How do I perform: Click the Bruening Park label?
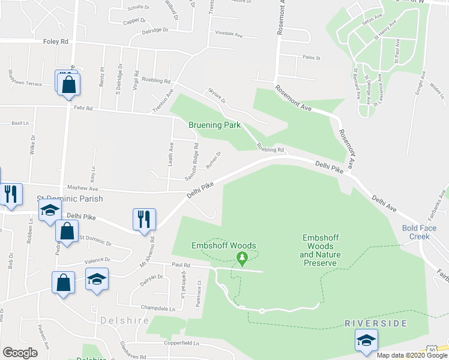(x=214, y=125)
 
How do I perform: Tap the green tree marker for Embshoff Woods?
(x=242, y=259)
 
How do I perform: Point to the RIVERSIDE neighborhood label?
(x=376, y=323)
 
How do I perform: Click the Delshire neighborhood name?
(x=125, y=320)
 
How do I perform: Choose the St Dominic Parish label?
(x=70, y=199)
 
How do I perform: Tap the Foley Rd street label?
(x=56, y=42)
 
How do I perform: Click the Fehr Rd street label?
(x=85, y=109)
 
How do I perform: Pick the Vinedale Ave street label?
(x=228, y=35)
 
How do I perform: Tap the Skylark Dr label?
(x=215, y=98)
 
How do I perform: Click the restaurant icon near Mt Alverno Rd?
(x=144, y=219)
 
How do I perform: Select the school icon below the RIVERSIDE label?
(x=366, y=341)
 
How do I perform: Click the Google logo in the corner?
(x=20, y=353)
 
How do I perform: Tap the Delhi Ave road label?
(x=384, y=203)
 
